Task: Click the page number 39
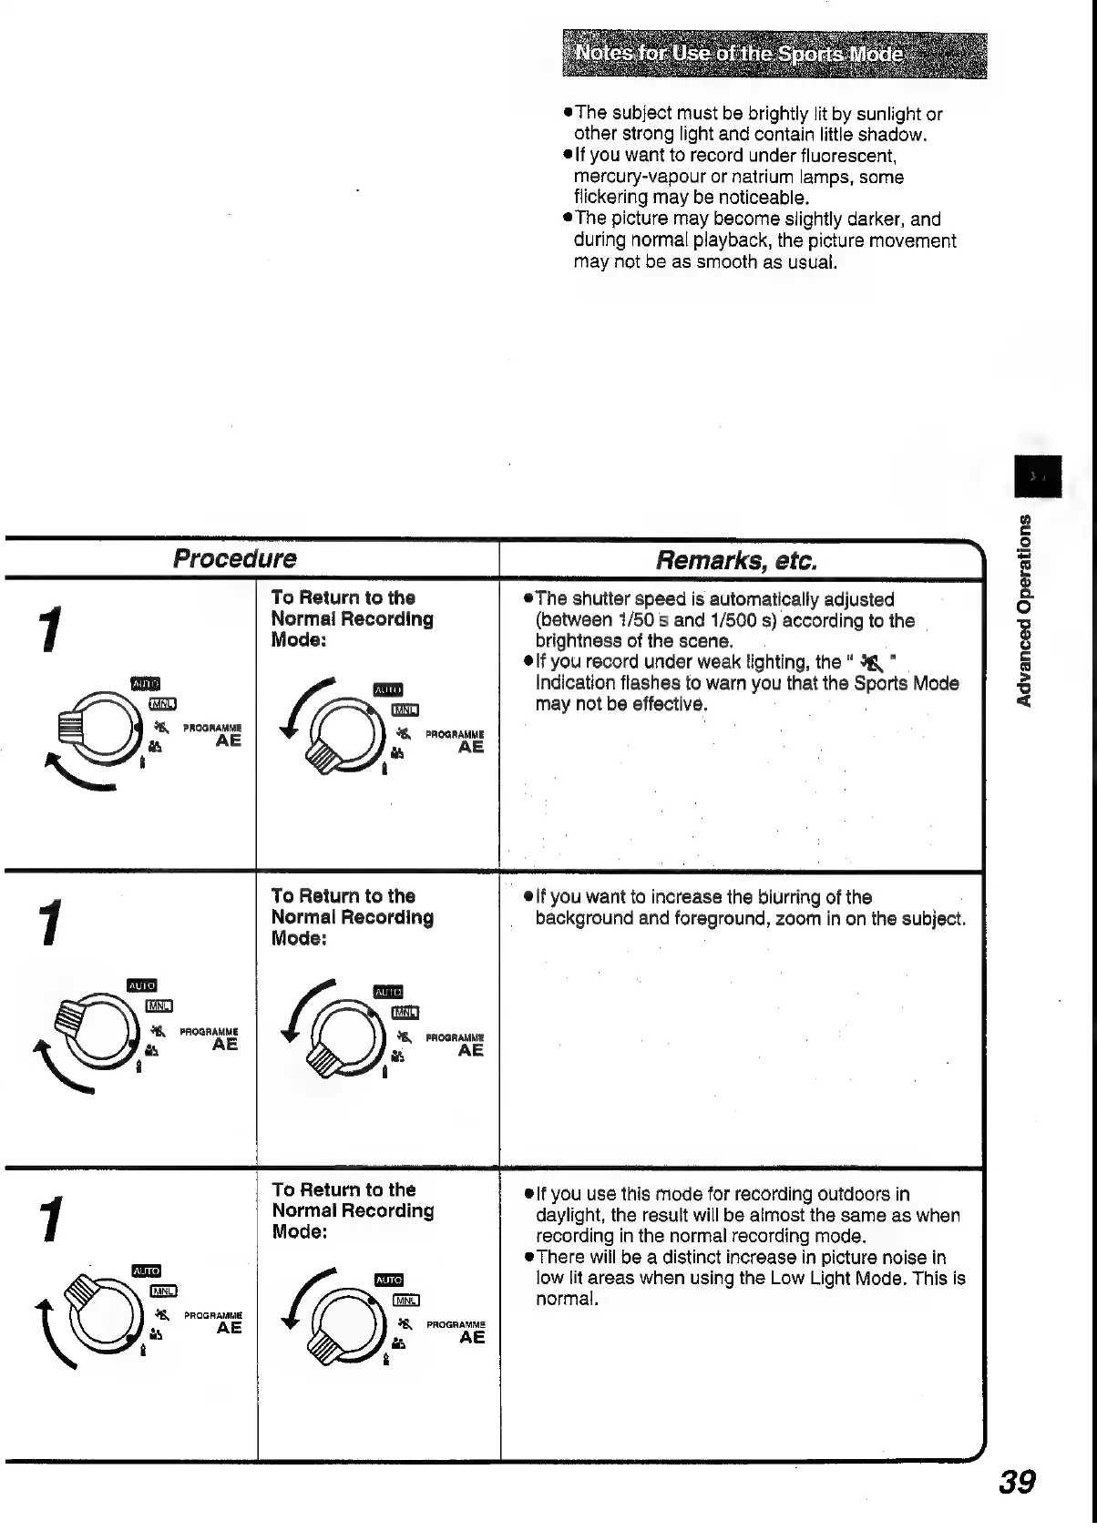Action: point(1017,1483)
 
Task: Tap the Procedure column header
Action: point(235,558)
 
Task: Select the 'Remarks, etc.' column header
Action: point(736,560)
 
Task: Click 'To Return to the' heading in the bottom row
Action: point(343,1189)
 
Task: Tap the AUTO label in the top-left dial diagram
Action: point(146,684)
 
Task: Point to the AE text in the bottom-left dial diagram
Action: point(229,1328)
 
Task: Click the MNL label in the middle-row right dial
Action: point(405,1013)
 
